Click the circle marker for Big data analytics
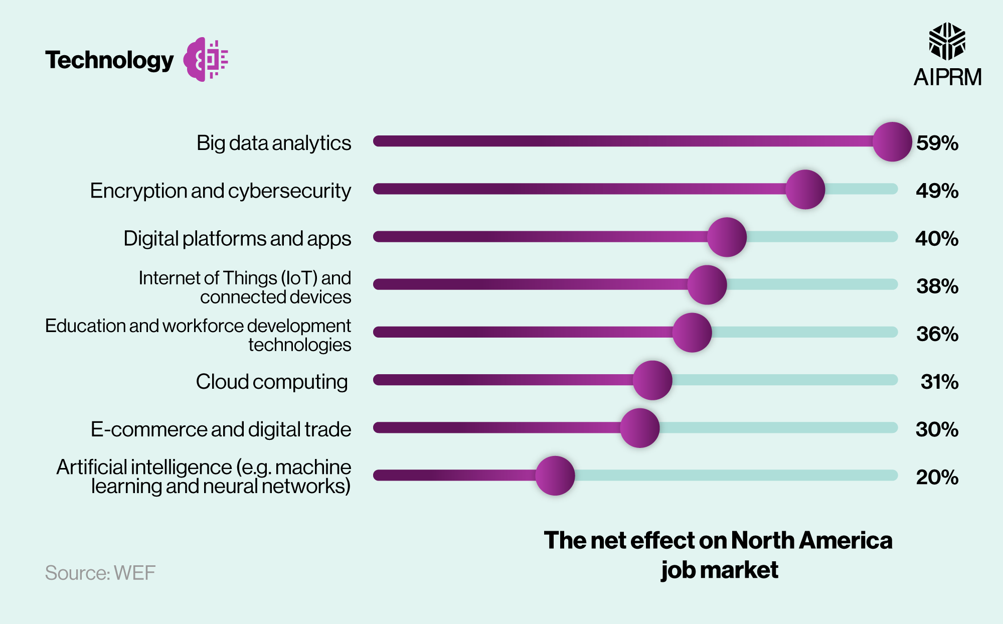(892, 142)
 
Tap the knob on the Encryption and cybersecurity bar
(805, 190)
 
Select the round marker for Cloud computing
(652, 380)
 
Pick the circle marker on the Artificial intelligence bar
(555, 476)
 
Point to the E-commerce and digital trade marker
(639, 428)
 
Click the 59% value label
(937, 143)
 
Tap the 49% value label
(937, 191)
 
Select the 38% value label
(937, 286)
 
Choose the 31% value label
(939, 382)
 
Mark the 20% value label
(937, 478)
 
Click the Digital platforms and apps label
(237, 239)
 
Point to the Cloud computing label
(271, 382)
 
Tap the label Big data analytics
(274, 143)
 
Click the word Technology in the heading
(109, 60)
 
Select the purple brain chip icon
(206, 59)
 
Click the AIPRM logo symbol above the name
(947, 41)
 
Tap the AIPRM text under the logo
(947, 78)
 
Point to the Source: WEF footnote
(100, 573)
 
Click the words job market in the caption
(719, 570)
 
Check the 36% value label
(937, 335)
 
